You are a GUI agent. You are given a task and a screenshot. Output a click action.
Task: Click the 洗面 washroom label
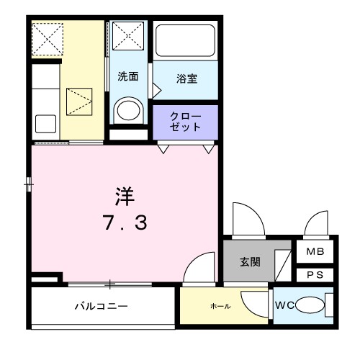(x=129, y=76)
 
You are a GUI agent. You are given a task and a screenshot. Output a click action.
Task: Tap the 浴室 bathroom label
(x=186, y=79)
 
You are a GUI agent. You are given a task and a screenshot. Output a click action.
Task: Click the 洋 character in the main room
(x=123, y=194)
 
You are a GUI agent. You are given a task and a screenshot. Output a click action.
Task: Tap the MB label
(x=315, y=252)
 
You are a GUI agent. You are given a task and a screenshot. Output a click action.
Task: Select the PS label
(x=315, y=274)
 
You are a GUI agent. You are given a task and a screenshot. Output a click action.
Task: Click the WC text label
(x=284, y=305)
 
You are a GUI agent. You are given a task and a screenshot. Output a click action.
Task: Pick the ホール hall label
(x=220, y=306)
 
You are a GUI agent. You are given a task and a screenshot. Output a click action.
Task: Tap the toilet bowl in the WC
(x=310, y=305)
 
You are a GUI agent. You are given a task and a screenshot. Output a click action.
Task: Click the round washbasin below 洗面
(x=129, y=109)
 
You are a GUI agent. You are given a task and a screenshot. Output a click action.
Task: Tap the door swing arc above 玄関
(x=246, y=220)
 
